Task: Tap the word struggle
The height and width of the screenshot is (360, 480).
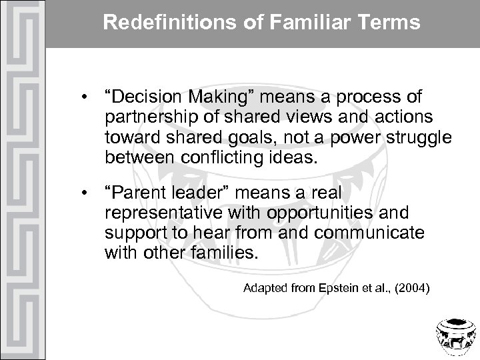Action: pos(423,137)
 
